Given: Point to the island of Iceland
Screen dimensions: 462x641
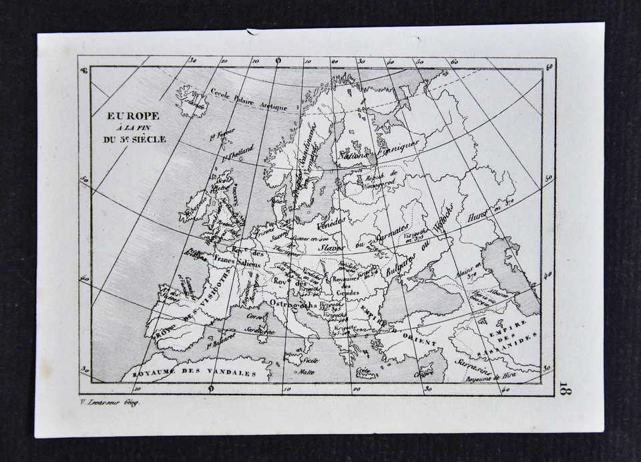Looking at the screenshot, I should tap(192, 101).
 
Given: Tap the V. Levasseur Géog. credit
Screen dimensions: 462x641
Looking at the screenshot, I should tap(108, 402).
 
